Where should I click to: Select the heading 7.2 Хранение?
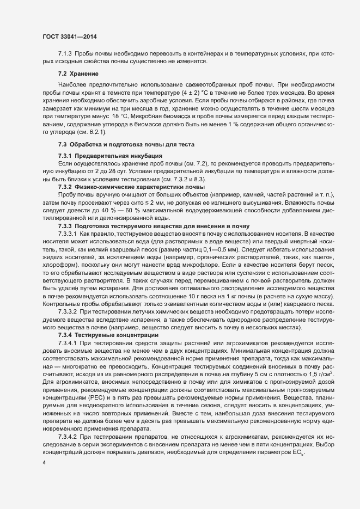pos(78,73)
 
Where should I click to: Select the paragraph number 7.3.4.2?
pos(67,438)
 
